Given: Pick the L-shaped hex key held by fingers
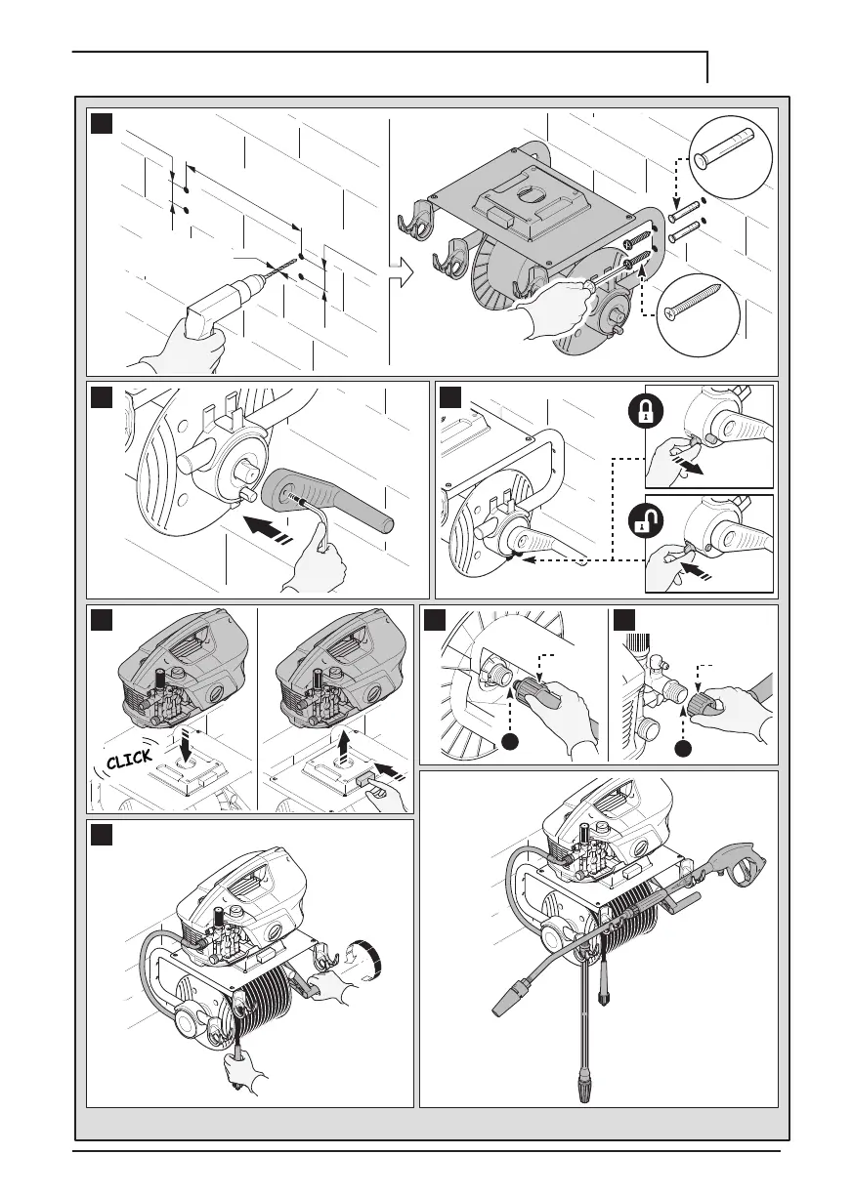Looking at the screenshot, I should pyautogui.click(x=320, y=528).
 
